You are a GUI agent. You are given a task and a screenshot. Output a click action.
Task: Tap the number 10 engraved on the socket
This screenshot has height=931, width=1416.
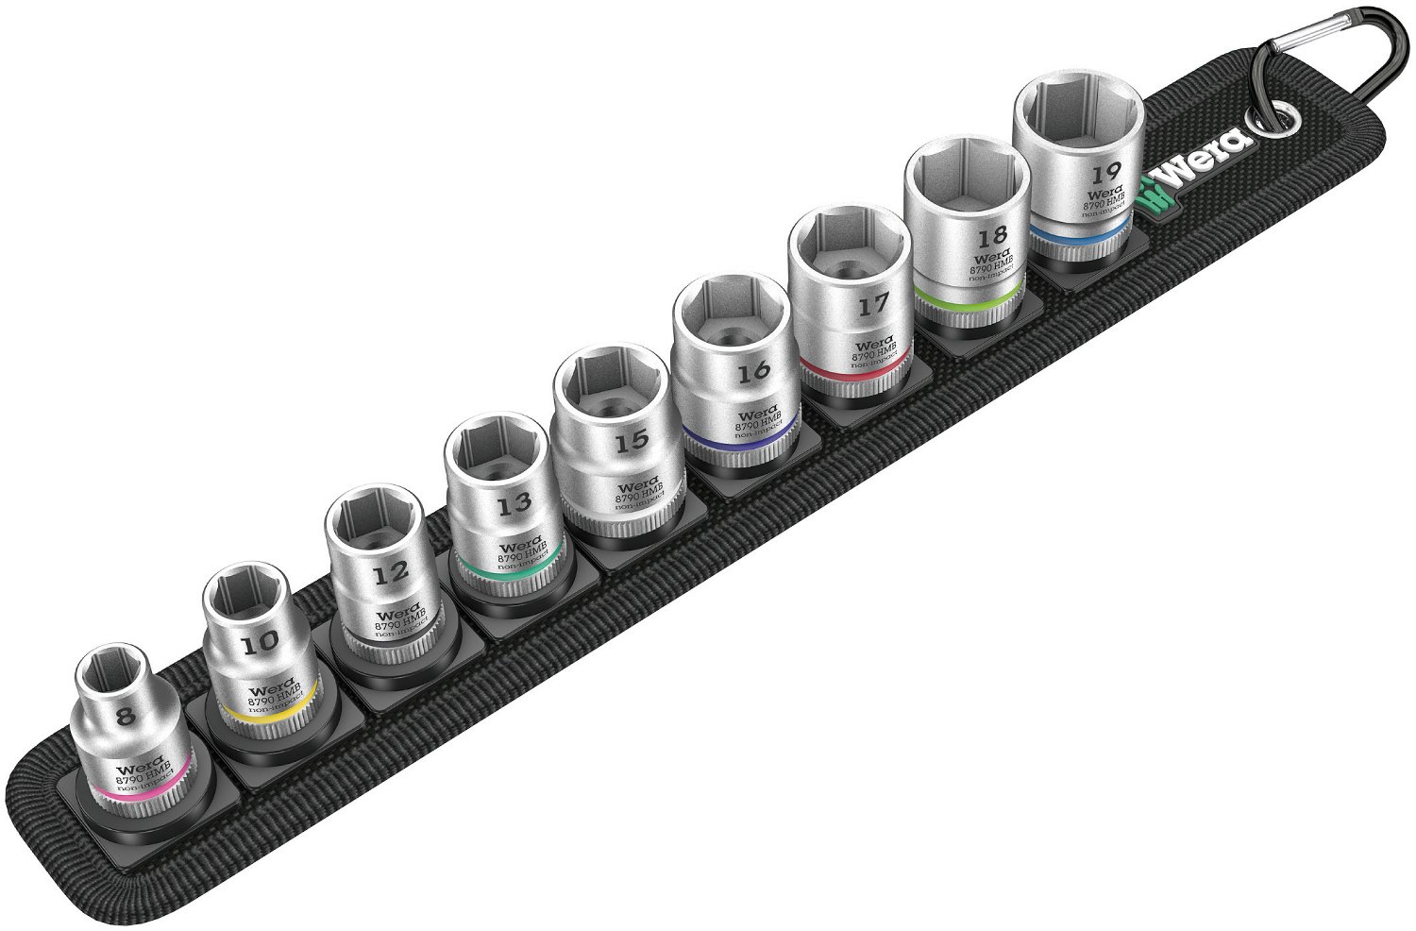point(261,642)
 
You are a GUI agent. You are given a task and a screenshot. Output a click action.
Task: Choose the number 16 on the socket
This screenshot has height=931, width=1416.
point(753,371)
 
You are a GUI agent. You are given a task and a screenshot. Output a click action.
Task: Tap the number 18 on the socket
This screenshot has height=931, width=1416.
point(993,234)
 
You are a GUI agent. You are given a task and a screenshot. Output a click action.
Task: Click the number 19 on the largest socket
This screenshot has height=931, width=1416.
point(1105,173)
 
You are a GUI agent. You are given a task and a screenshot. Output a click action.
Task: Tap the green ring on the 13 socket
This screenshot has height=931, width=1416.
point(510,575)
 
